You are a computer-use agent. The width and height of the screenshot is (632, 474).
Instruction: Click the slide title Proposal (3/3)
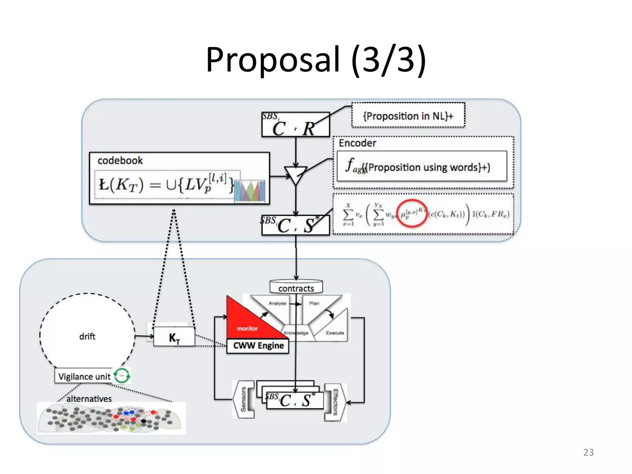click(316, 59)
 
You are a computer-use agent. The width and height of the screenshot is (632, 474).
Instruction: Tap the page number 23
click(588, 452)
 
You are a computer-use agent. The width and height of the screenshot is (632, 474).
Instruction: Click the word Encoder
click(357, 143)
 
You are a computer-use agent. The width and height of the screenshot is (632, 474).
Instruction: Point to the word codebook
click(120, 160)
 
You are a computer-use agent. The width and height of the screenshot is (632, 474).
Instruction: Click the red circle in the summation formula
click(412, 214)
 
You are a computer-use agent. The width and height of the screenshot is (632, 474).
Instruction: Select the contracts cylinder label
click(296, 288)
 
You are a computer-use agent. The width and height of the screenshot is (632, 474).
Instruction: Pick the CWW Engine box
click(258, 346)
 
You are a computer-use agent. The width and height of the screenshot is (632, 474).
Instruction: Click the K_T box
click(174, 338)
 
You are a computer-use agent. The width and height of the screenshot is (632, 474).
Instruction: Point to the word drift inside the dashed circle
click(87, 336)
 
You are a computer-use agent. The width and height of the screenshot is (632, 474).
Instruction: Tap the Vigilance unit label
click(84, 376)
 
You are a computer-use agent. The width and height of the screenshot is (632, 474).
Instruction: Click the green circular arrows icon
click(122, 376)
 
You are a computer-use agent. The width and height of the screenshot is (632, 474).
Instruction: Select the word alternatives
click(89, 399)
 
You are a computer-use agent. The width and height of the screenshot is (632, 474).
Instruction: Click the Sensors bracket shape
click(244, 399)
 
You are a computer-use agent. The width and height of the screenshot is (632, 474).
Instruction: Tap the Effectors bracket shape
click(335, 402)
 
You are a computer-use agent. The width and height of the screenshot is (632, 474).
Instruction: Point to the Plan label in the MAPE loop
click(314, 303)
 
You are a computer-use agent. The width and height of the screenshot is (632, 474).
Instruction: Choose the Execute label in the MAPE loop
click(335, 333)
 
